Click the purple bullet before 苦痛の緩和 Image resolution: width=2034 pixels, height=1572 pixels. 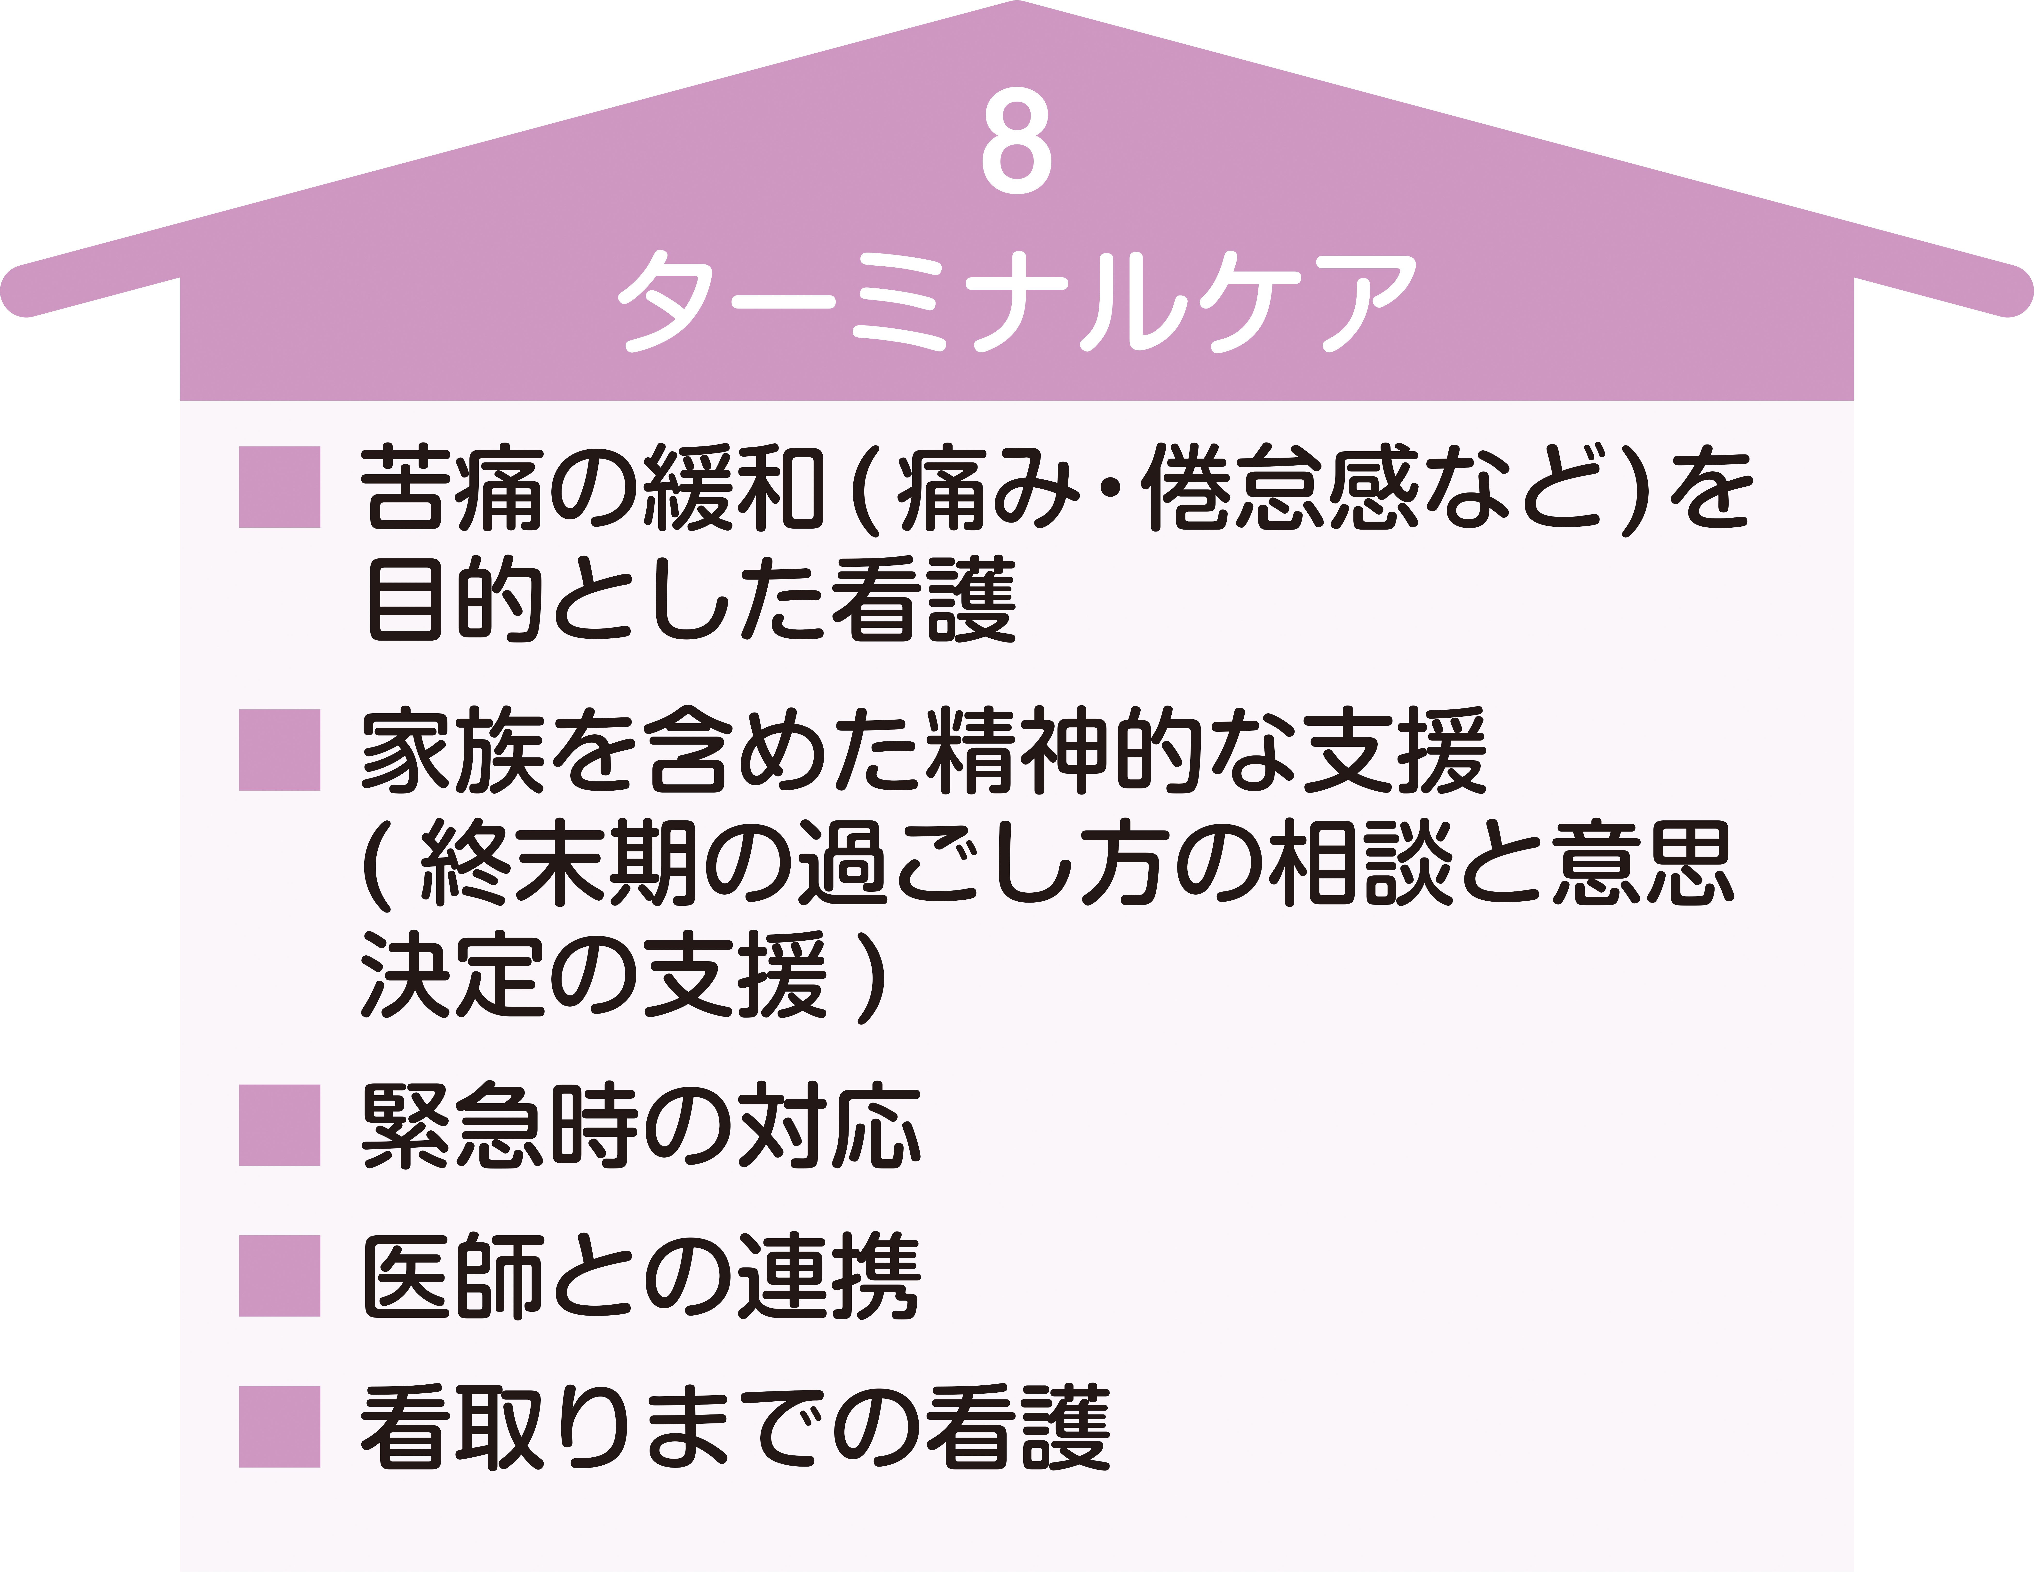pos(279,487)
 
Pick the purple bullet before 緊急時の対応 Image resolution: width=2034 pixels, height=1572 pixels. pos(279,1125)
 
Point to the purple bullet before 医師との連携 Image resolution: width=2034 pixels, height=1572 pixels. pos(279,1276)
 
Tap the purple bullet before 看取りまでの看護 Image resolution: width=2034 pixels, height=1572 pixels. pos(279,1427)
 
